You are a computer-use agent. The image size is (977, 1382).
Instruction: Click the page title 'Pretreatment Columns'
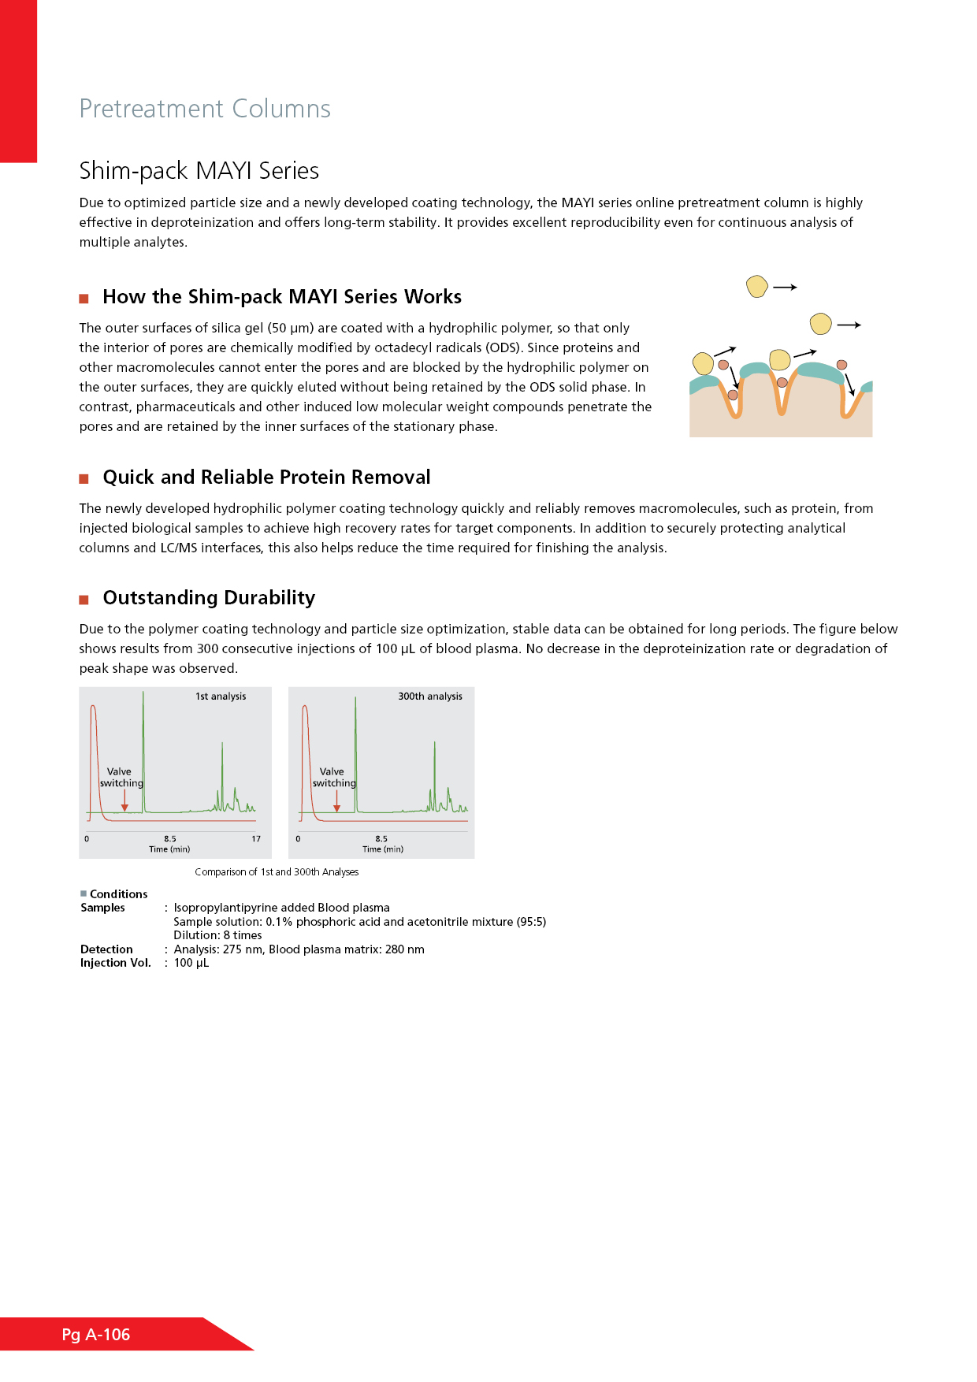pyautogui.click(x=205, y=109)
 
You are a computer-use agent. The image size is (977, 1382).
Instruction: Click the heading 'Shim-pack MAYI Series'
pyautogui.click(x=199, y=170)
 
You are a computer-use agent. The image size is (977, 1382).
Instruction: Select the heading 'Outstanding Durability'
pyautogui.click(x=209, y=598)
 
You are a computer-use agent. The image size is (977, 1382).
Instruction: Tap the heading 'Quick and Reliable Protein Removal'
pyautogui.click(x=266, y=477)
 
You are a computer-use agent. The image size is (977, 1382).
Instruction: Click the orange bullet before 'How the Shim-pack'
pyautogui.click(x=84, y=299)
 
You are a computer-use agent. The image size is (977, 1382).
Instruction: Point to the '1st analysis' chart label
pyautogui.click(x=221, y=697)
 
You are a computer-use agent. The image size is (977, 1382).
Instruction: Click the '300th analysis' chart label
pyautogui.click(x=429, y=697)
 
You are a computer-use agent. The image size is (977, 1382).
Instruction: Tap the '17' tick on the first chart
pyautogui.click(x=256, y=839)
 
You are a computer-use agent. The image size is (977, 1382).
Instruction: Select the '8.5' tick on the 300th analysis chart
pyautogui.click(x=381, y=839)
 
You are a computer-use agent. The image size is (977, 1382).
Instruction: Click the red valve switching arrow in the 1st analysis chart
pyautogui.click(x=124, y=801)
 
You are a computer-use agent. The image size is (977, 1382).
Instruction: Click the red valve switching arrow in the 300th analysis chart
pyautogui.click(x=336, y=801)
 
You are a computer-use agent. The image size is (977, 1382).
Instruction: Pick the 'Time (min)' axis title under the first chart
pyautogui.click(x=169, y=849)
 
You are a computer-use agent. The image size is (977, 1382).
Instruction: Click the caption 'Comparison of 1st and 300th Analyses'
pyautogui.click(x=277, y=872)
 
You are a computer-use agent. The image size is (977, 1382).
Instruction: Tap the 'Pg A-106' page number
pyautogui.click(x=96, y=1335)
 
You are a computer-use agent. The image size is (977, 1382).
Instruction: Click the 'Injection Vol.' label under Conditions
pyautogui.click(x=115, y=963)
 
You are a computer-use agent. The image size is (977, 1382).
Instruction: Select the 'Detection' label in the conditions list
pyautogui.click(x=106, y=949)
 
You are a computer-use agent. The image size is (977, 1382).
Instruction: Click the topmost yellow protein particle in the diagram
pyautogui.click(x=757, y=286)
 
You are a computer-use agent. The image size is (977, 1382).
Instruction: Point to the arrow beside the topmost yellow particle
pyautogui.click(x=785, y=288)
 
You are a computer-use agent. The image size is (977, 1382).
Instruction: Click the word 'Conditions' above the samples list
pyautogui.click(x=118, y=894)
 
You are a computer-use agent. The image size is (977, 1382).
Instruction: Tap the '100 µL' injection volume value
pyautogui.click(x=191, y=963)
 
